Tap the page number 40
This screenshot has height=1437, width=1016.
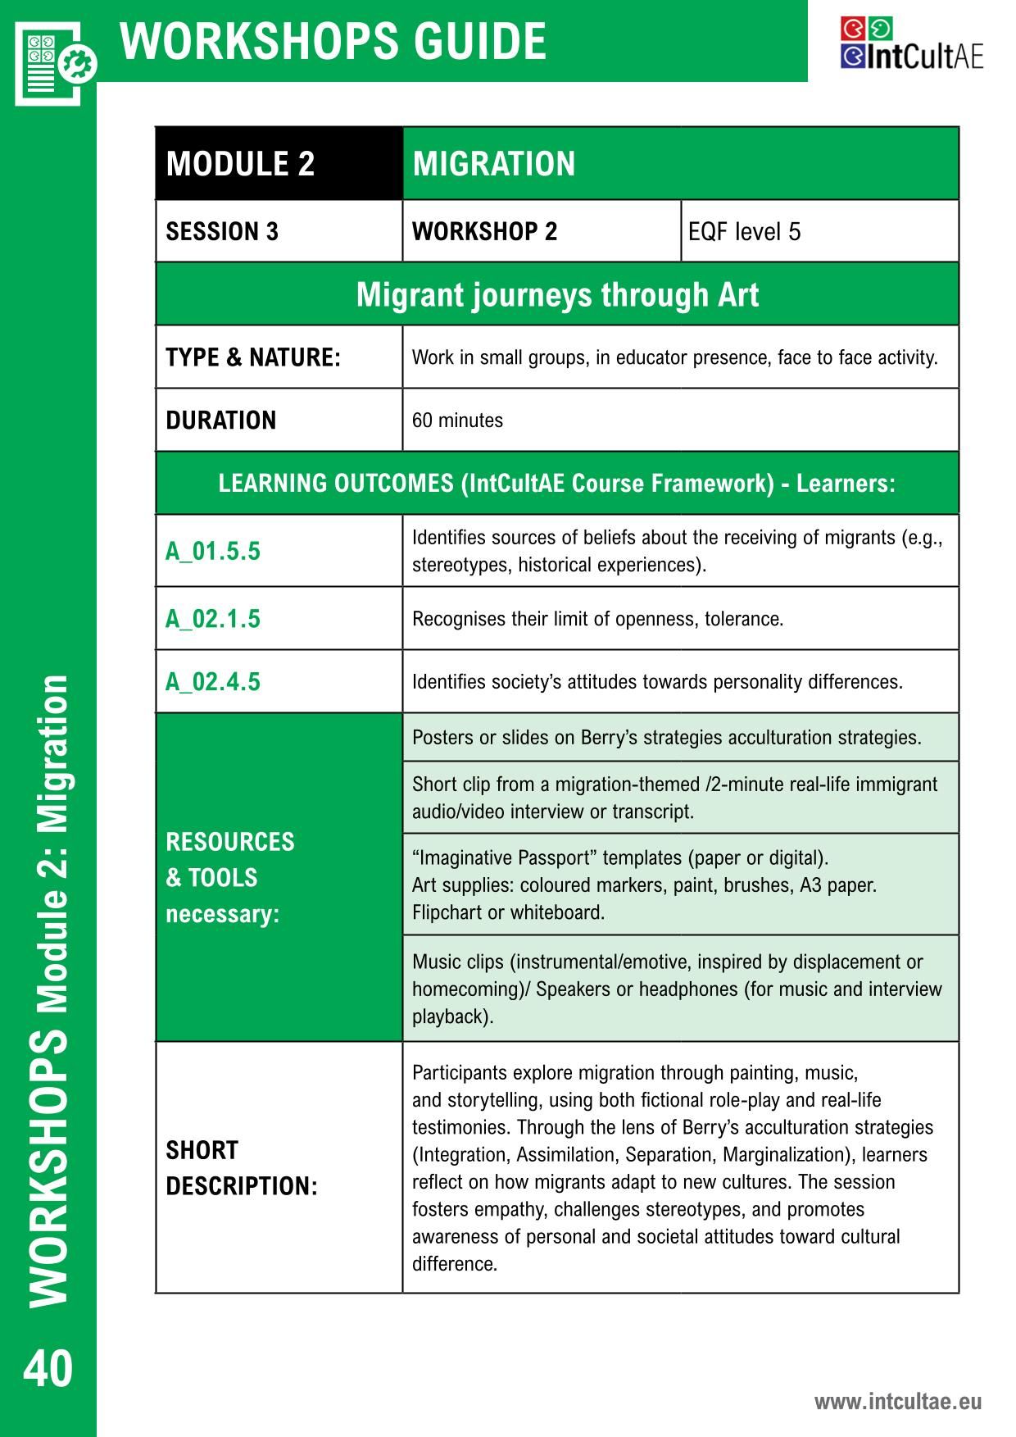pos(48,1368)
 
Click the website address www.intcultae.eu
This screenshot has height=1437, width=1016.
pos(897,1401)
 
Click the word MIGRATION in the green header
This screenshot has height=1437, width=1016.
pos(494,164)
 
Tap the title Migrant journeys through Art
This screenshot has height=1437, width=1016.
pos(557,295)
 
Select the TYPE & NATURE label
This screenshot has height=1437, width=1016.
pos(252,357)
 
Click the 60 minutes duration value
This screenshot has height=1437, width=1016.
pos(457,421)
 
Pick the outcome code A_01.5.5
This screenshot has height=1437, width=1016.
pos(213,551)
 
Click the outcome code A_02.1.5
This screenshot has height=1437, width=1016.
pos(213,619)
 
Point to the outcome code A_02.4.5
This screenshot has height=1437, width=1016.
pos(213,682)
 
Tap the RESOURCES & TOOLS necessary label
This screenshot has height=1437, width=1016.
pos(229,877)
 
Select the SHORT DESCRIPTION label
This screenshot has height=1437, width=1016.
pos(241,1168)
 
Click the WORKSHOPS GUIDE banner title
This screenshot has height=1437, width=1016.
pos(333,41)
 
